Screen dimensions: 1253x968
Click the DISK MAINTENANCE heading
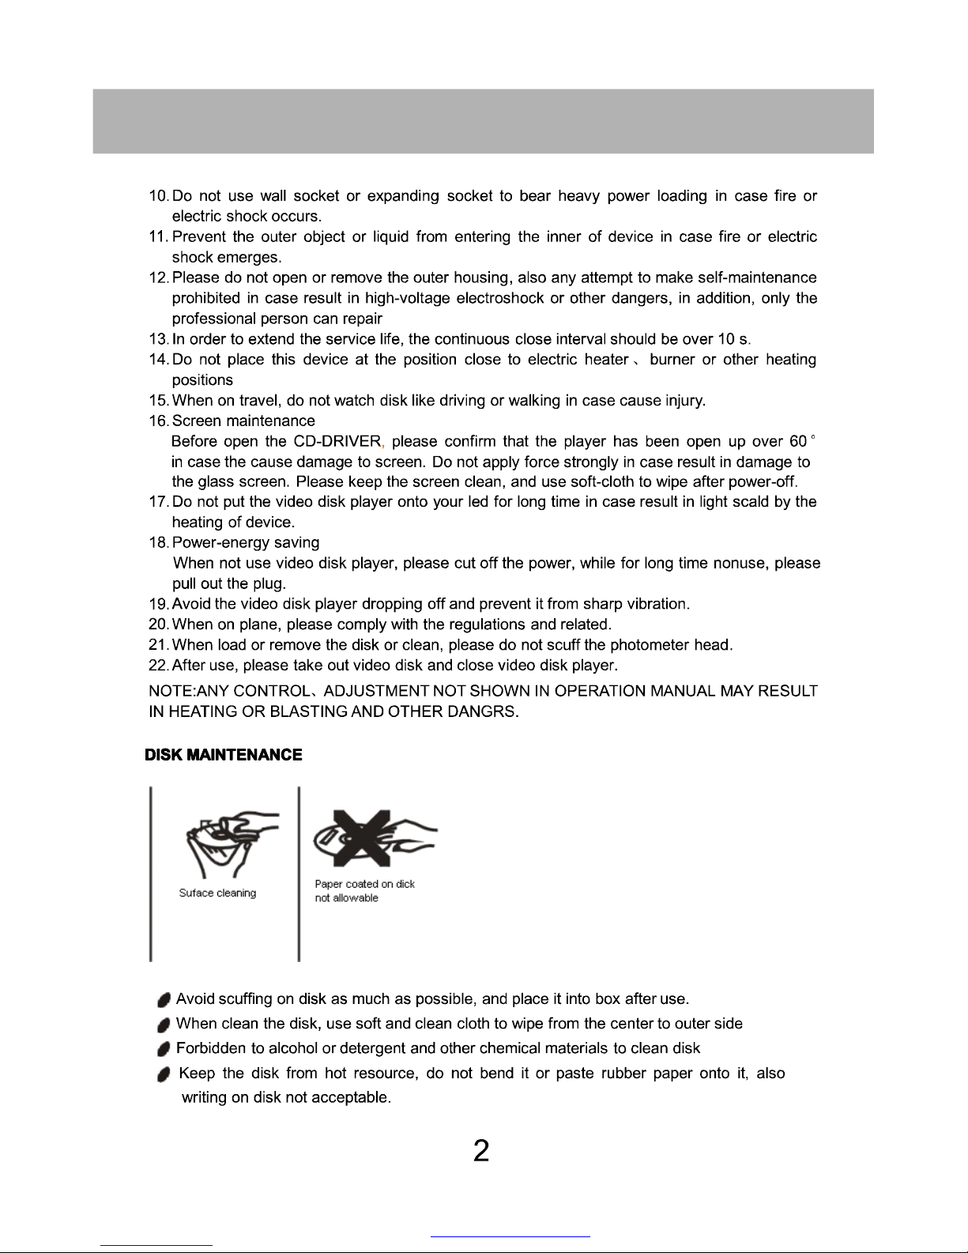(224, 755)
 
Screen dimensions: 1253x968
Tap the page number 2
(481, 1151)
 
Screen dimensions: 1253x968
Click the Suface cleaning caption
(217, 893)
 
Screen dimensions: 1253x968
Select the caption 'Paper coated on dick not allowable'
(364, 891)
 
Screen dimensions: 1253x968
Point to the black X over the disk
(362, 837)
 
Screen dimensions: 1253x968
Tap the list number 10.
(158, 196)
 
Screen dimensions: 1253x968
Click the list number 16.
(158, 421)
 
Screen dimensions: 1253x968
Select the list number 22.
(158, 666)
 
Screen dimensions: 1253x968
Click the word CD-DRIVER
(337, 441)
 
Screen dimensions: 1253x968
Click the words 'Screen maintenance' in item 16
(243, 421)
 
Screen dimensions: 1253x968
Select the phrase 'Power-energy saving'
(246, 543)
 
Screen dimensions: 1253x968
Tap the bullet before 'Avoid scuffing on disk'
(164, 1001)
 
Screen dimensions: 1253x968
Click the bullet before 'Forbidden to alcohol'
(164, 1050)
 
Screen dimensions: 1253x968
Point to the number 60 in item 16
(797, 441)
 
